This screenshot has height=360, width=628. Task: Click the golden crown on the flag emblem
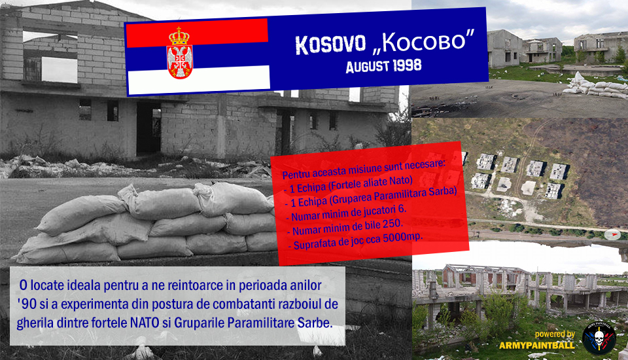[179, 36]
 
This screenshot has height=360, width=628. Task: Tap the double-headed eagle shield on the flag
[179, 62]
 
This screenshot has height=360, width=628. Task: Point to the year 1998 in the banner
[407, 65]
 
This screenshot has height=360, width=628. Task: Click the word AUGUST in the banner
[367, 67]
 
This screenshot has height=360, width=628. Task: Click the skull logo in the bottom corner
[599, 338]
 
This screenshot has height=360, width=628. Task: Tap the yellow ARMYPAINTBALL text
[536, 345]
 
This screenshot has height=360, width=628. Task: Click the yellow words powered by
[555, 334]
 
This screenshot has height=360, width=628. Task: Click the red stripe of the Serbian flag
[197, 33]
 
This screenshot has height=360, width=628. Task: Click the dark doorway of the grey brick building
[148, 128]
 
